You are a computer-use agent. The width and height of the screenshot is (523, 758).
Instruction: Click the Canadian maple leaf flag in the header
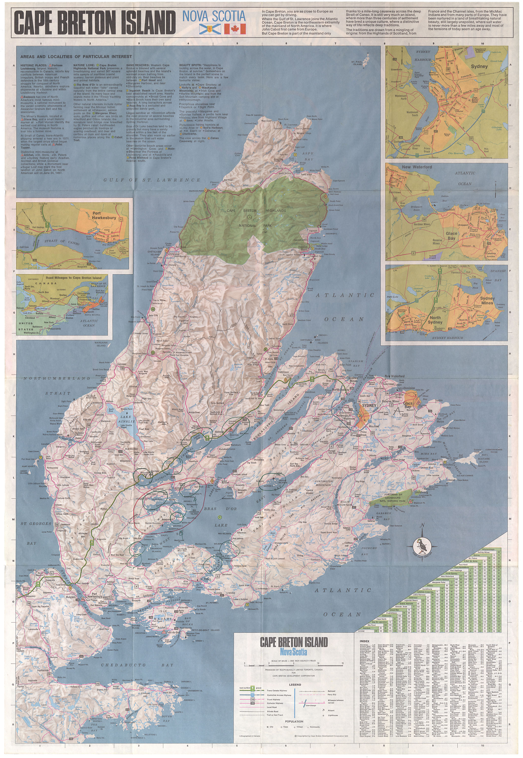235,29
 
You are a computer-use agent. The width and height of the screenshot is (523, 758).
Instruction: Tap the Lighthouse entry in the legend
333,715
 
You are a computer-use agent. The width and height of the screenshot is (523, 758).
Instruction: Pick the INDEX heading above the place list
364,641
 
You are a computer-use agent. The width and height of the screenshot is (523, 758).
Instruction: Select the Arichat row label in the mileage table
361,631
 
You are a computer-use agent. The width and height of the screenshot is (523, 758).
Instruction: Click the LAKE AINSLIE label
126,419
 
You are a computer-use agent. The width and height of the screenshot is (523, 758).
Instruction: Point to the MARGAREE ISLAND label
101,344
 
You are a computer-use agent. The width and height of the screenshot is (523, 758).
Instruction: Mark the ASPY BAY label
308,156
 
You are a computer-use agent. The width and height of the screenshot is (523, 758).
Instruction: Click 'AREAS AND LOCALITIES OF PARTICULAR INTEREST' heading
76,57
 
